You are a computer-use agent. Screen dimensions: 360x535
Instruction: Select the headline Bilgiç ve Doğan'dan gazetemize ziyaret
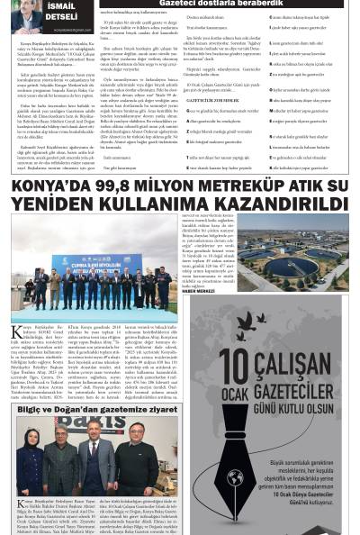pyautogui.click(x=93, y=408)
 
